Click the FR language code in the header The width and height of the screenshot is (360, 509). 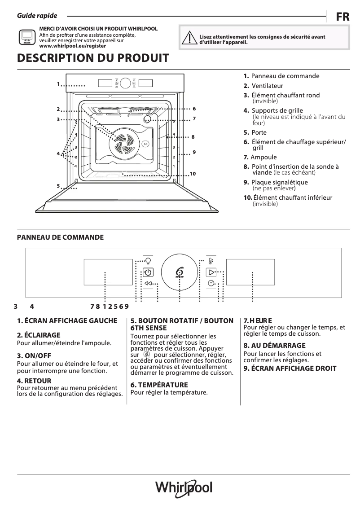[342, 17]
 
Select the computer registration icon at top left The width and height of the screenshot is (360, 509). [26, 37]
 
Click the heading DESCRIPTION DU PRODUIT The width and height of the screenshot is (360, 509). [93, 58]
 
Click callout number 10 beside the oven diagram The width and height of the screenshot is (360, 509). [193, 174]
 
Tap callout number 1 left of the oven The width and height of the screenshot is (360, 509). [58, 84]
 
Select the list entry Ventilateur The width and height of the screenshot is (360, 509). [267, 86]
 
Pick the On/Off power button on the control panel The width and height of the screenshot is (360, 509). [148, 272]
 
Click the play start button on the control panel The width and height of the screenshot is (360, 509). [211, 272]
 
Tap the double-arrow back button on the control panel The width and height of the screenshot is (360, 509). [148, 283]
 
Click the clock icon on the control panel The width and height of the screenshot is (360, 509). [211, 283]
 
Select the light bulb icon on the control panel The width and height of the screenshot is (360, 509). [148, 260]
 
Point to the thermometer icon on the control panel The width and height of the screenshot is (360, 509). [211, 260]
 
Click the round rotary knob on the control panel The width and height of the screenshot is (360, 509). [180, 272]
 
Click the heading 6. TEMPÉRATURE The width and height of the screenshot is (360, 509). [159, 385]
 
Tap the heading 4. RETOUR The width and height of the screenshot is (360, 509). [34, 381]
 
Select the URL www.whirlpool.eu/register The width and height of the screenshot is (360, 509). [73, 46]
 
